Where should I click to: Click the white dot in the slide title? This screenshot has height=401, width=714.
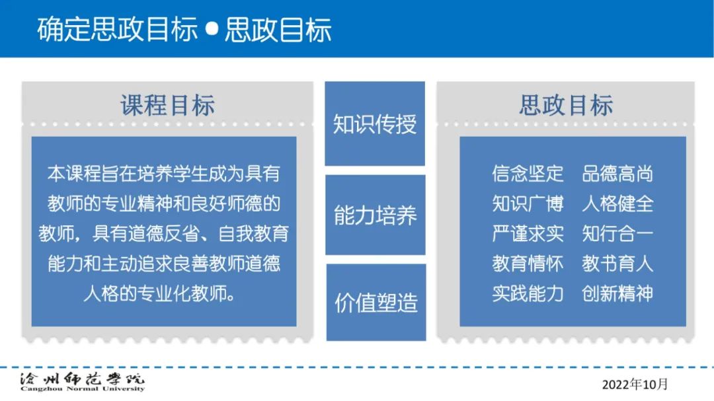pyautogui.click(x=212, y=29)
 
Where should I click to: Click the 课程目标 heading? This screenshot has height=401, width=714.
pyautogui.click(x=167, y=105)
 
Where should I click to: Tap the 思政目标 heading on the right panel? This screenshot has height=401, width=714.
pyautogui.click(x=566, y=105)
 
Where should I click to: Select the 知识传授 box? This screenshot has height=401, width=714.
pyautogui.click(x=375, y=124)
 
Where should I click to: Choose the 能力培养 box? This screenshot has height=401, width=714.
pyautogui.click(x=376, y=215)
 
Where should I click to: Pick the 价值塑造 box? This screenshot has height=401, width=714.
pyautogui.click(x=376, y=302)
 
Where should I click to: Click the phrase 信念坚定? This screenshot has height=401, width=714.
pyautogui.click(x=528, y=174)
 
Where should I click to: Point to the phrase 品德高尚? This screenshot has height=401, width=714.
pyautogui.click(x=617, y=174)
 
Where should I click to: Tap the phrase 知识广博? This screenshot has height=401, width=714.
pyautogui.click(x=528, y=203)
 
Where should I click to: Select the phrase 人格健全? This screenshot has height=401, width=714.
pyautogui.click(x=617, y=203)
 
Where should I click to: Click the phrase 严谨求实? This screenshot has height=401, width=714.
pyautogui.click(x=528, y=233)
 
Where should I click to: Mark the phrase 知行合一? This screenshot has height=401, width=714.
pyautogui.click(x=617, y=233)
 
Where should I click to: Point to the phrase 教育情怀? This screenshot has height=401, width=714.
pyautogui.click(x=528, y=264)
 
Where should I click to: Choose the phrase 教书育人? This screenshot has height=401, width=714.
pyautogui.click(x=617, y=264)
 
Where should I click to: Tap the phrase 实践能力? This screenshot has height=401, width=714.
pyautogui.click(x=528, y=293)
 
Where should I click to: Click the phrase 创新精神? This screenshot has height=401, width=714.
pyautogui.click(x=617, y=293)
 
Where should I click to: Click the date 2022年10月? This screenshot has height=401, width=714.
pyautogui.click(x=635, y=384)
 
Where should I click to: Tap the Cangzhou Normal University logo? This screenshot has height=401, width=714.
pyautogui.click(x=83, y=382)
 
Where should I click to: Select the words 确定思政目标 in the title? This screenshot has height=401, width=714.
pyautogui.click(x=118, y=30)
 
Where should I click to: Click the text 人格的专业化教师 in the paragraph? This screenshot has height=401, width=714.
pyautogui.click(x=154, y=293)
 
